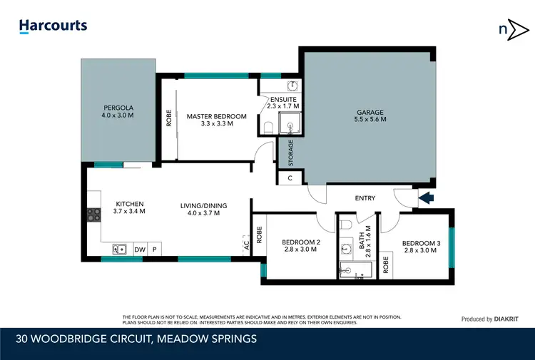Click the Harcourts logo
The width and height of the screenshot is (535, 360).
(x=53, y=26)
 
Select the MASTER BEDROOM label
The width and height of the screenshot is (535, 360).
(x=216, y=120)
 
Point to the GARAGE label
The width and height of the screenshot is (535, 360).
(x=370, y=115)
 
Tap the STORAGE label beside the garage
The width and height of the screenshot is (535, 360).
(x=290, y=152)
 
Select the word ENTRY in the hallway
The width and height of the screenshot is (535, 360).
(x=365, y=198)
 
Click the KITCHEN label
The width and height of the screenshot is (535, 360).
(x=130, y=207)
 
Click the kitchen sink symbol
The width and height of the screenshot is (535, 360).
(x=119, y=250)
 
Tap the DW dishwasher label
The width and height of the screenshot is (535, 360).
(x=140, y=250)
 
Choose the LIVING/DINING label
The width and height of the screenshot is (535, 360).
(x=204, y=208)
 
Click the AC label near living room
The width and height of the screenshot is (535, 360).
(x=247, y=243)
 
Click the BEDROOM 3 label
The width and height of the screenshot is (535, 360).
(x=419, y=246)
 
